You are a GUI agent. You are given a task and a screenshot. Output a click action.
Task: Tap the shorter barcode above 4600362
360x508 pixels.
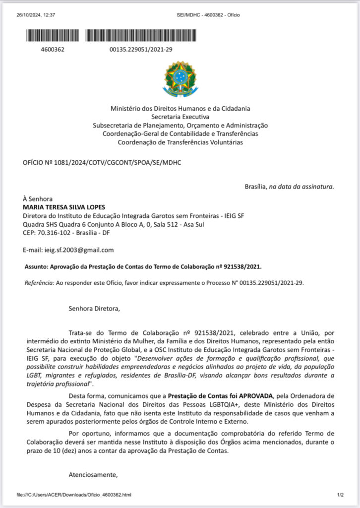pos(52,35)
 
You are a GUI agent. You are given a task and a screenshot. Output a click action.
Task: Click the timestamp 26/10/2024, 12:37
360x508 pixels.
pos(36,15)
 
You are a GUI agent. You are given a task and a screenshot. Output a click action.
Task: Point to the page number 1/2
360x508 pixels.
pos(340,495)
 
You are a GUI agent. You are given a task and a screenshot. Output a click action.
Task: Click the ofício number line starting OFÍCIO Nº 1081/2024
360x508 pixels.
pos(99,163)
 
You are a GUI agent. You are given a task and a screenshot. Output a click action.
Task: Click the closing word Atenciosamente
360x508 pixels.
pos(93,475)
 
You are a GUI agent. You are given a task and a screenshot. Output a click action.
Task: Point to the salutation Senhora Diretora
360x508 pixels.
pos(94,309)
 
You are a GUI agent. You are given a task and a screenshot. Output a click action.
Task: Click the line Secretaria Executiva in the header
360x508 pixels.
pos(180,117)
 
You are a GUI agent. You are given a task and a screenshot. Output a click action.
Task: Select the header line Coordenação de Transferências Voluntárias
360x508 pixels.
pos(180,142)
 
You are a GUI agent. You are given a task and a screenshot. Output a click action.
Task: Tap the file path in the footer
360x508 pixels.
pos(74,495)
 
